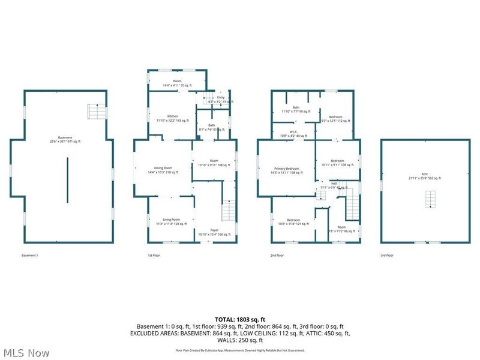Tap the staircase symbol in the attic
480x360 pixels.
430,199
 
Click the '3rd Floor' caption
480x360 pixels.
386,256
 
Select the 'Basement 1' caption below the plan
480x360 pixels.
29,256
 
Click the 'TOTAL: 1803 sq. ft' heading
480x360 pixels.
240,319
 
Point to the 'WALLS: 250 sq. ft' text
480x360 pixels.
240,339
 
